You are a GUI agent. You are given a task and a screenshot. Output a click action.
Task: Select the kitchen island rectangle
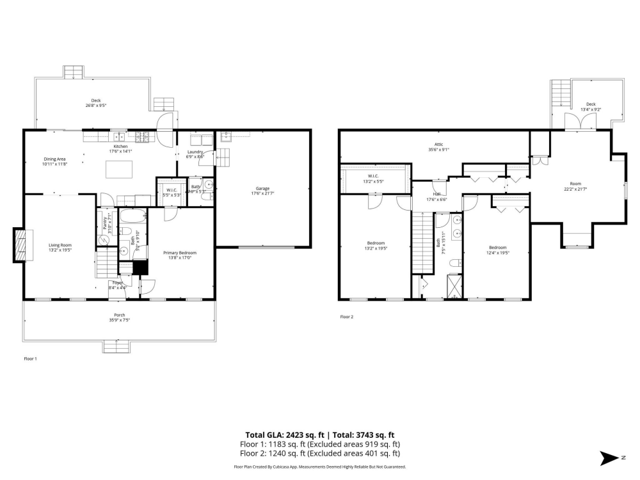(x=119, y=169)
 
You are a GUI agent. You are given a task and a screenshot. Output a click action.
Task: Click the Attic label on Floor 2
(x=438, y=147)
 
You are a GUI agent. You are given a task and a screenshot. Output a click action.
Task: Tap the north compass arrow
(x=608, y=458)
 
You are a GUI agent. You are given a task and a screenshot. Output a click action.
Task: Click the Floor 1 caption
(x=30, y=359)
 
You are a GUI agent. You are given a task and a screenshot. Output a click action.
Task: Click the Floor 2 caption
(x=346, y=316)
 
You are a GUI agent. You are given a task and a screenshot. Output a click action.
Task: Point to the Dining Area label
(x=54, y=161)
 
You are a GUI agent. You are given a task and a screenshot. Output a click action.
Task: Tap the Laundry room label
(x=195, y=154)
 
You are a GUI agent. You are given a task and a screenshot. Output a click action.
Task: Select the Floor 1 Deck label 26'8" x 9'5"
(x=96, y=102)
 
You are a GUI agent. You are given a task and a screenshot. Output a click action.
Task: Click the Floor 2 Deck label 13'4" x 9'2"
(x=590, y=106)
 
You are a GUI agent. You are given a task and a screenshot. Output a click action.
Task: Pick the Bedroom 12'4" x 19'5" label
(x=497, y=250)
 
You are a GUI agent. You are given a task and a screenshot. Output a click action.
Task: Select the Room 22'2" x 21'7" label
(x=575, y=186)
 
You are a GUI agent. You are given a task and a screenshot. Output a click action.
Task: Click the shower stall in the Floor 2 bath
(x=454, y=285)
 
